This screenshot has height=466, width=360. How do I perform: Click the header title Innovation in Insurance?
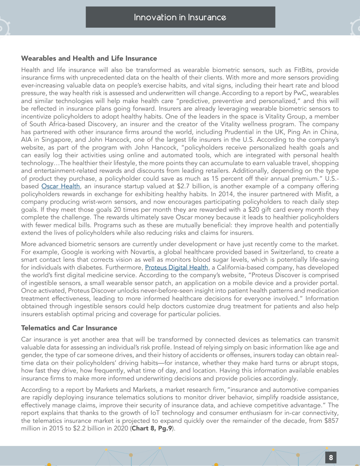180,17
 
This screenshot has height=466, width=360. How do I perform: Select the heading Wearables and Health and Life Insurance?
89,59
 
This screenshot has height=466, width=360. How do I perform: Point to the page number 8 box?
331,457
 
